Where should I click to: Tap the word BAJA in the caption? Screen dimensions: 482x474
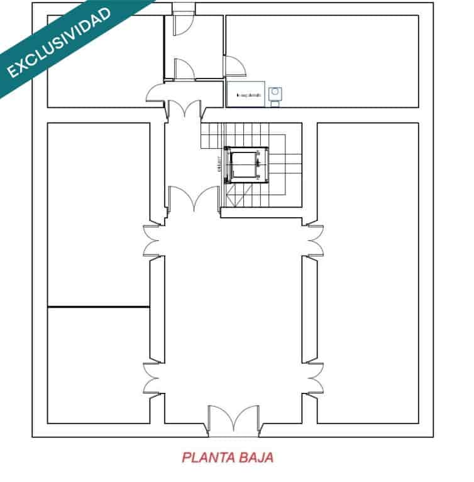coord(256,457)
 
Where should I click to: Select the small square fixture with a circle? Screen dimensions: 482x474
coord(275,94)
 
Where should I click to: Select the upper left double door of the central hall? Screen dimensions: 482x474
coord(153,239)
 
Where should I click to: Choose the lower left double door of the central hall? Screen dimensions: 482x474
coord(153,377)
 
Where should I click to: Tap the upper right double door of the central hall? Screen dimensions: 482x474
coord(314,239)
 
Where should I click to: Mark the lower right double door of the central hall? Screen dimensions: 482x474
coord(314,377)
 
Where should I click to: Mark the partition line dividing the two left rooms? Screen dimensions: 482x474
coord(99,307)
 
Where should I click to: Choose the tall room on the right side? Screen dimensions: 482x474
coord(368,270)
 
